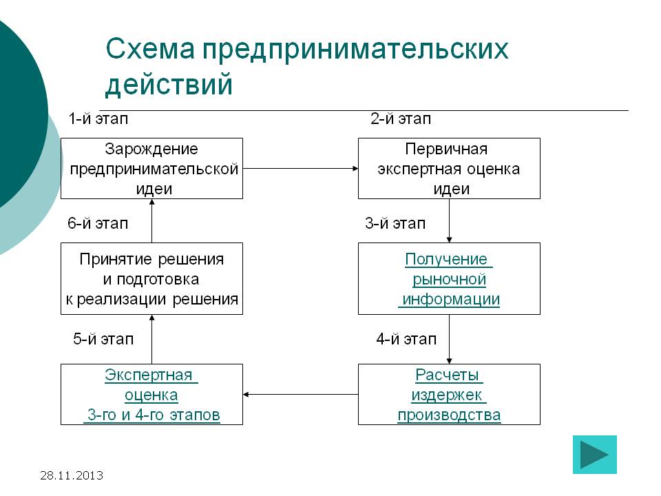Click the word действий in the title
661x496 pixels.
169,85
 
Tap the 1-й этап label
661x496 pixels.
98,119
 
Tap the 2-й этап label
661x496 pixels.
401,119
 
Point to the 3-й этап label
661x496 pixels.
395,224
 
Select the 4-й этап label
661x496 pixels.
406,339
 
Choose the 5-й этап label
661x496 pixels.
103,339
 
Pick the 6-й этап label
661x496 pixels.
98,224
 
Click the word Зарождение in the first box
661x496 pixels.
151,149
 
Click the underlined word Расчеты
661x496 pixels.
448,375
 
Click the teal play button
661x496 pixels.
595,455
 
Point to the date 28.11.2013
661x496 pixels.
72,475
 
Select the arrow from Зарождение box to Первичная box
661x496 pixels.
300,168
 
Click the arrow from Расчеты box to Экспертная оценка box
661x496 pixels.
300,395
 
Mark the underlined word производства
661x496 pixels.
449,415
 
